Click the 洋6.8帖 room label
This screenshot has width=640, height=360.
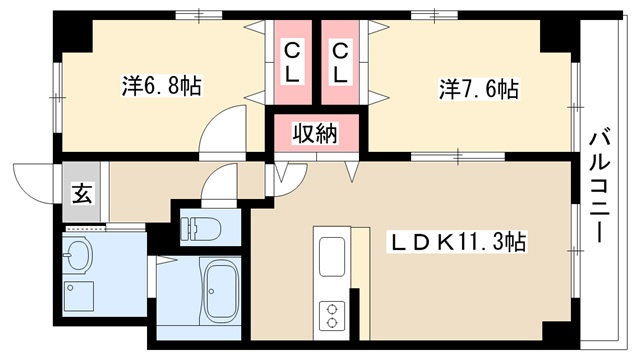[x=162, y=86]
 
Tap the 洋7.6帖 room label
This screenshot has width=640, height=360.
[x=479, y=89]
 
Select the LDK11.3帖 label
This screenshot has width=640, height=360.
[x=456, y=242]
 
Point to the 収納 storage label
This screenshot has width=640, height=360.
[x=316, y=133]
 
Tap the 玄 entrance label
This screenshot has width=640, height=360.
[x=82, y=193]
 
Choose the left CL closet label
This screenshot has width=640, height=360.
[x=292, y=64]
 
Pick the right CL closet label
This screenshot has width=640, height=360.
[x=340, y=64]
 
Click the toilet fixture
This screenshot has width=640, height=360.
[x=200, y=228]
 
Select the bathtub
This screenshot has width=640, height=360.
[x=221, y=291]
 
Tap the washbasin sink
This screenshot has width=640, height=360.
[x=79, y=254]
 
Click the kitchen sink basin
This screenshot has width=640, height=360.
[x=332, y=257]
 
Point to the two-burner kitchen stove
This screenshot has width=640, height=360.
[x=332, y=316]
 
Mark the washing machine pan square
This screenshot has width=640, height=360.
[x=79, y=296]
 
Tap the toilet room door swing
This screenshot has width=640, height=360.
[x=219, y=181]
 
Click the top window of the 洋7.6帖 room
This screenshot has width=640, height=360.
[x=434, y=16]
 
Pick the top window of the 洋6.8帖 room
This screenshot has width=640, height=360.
[x=199, y=16]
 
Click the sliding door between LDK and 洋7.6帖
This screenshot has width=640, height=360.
[x=458, y=156]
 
